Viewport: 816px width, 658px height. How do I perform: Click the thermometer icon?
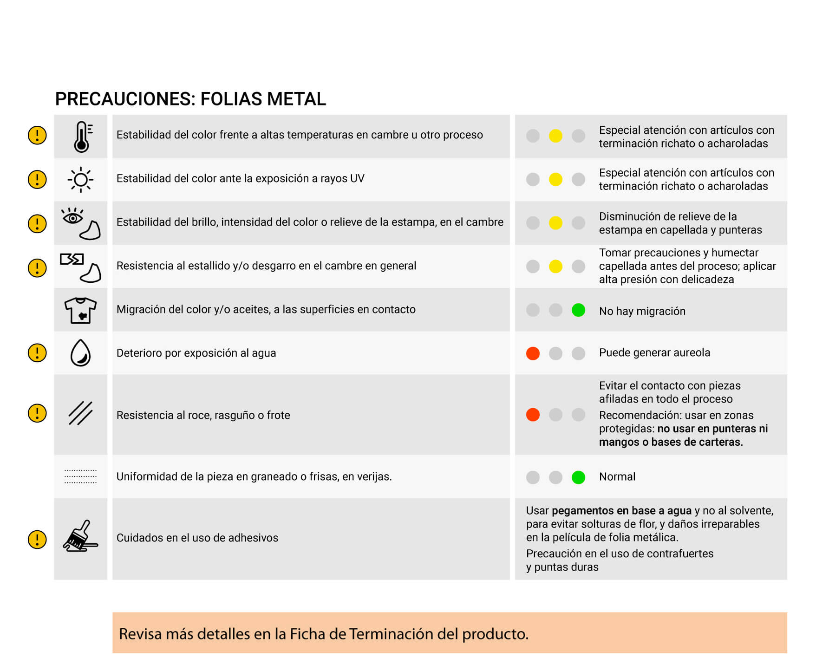coord(82,137)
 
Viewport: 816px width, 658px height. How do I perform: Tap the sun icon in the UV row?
coord(80,180)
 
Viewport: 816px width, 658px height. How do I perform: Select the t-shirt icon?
coord(80,310)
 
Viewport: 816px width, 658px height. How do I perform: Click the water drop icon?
coord(80,353)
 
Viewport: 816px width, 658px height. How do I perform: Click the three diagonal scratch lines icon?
coord(80,413)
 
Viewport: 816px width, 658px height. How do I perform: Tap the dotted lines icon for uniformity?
coord(80,476)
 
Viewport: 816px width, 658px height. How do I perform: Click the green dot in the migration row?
coord(578,310)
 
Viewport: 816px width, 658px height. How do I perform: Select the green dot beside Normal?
coord(578,477)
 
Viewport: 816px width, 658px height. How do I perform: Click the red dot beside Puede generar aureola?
coord(533,353)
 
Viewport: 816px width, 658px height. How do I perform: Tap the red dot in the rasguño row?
coord(533,415)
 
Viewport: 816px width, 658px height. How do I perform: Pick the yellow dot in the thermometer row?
coord(555,136)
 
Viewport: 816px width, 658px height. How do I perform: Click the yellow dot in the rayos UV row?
coord(555,179)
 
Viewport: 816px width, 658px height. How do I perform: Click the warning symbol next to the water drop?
coord(37,353)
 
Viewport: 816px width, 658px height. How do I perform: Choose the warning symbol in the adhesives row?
coord(37,540)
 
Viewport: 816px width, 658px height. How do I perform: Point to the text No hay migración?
coord(642,311)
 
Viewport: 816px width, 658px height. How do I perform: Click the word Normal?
coord(617,477)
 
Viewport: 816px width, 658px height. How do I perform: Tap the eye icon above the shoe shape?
coord(72,216)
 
